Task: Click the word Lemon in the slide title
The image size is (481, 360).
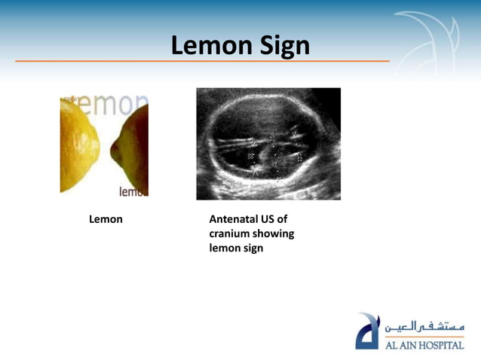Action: pyautogui.click(x=206, y=47)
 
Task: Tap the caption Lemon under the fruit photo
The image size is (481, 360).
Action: pyautogui.click(x=106, y=220)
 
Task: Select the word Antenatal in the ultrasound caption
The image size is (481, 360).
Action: pyautogui.click(x=234, y=220)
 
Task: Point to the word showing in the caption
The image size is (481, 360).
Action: pyautogui.click(x=274, y=233)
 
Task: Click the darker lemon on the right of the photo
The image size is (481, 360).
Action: pyautogui.click(x=133, y=151)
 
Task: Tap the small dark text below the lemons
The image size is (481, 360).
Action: pyautogui.click(x=133, y=191)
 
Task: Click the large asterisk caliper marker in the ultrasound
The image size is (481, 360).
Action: pyautogui.click(x=256, y=171)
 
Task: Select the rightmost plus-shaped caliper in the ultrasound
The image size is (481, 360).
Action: pyautogui.click(x=299, y=157)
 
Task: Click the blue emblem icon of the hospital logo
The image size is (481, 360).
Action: pyautogui.click(x=368, y=331)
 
